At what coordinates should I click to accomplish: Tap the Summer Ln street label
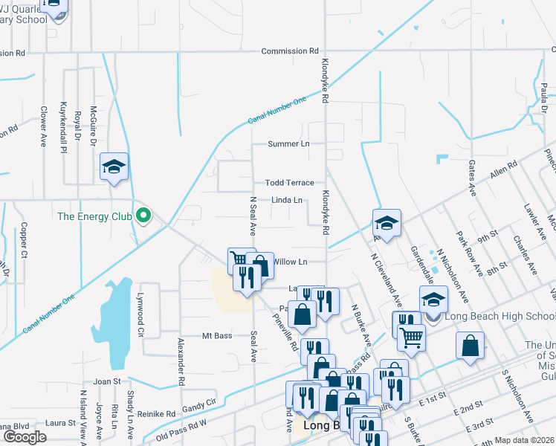pyautogui.click(x=288, y=143)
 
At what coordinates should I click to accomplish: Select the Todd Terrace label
pyautogui.click(x=290, y=183)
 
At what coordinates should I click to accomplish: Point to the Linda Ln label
pyautogui.click(x=287, y=200)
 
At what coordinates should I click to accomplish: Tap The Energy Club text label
pyautogui.click(x=95, y=217)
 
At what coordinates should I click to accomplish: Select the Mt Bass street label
pyautogui.click(x=217, y=336)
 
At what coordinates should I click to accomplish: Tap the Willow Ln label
pyautogui.click(x=290, y=262)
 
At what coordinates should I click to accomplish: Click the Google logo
pyautogui.click(x=24, y=437)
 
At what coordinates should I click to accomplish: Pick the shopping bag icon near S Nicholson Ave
pyautogui.click(x=470, y=346)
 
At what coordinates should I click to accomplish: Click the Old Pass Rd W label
pyautogui.click(x=182, y=434)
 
